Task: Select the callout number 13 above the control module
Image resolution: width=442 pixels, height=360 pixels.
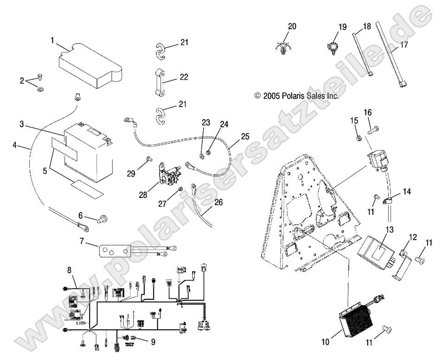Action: point(389,229)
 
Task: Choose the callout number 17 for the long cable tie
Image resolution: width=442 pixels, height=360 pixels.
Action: point(404,45)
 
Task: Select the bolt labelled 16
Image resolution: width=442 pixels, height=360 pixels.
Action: point(374,131)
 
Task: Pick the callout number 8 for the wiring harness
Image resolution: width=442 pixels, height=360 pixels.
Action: point(70,270)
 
